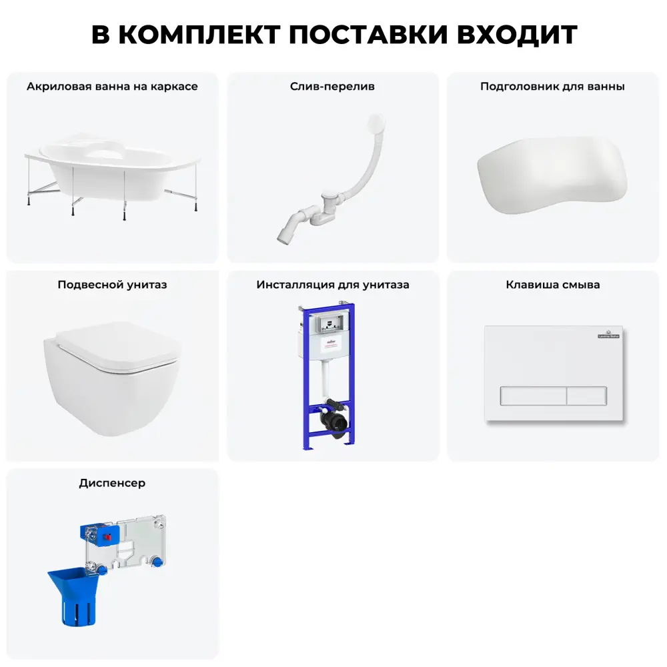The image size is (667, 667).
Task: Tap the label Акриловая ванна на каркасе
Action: pyautogui.click(x=112, y=86)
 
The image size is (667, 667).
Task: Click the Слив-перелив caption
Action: pyautogui.click(x=332, y=86)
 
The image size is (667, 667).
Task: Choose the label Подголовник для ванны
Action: pyautogui.click(x=552, y=86)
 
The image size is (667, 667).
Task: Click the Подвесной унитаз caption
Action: pyautogui.click(x=112, y=285)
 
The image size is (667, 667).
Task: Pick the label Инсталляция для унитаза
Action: pyautogui.click(x=333, y=285)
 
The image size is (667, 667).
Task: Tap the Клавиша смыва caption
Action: pyautogui.click(x=553, y=285)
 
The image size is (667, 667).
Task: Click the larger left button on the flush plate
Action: pyautogui.click(x=533, y=396)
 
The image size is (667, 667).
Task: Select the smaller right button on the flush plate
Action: pyautogui.click(x=587, y=396)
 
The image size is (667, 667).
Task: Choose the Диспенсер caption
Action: pyautogui.click(x=112, y=483)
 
